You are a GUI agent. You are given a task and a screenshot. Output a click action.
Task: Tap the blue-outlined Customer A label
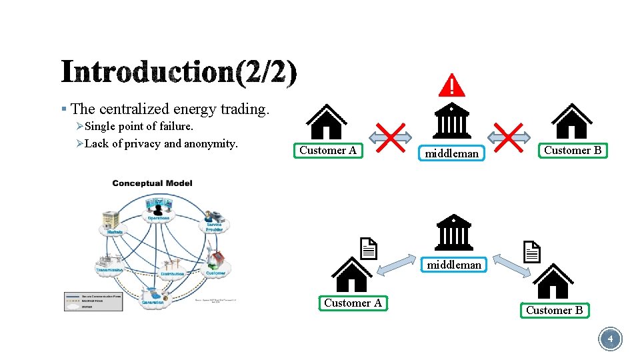pos(328,150)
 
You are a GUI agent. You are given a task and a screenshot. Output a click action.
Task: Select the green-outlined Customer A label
pos(353,303)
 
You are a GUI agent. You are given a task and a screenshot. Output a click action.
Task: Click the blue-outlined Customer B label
pos(573,150)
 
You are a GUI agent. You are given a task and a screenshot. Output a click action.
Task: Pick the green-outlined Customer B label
pos(554,310)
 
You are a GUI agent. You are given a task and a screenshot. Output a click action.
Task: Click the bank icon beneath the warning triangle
pos(452,120)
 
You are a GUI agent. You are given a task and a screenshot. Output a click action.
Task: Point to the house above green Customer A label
pos(351,275)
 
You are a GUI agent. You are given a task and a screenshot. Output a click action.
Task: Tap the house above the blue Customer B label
pos(571,121)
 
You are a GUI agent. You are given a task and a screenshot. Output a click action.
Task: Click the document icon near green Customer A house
pos(369,248)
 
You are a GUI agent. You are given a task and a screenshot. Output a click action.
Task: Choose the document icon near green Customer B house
pos(531,251)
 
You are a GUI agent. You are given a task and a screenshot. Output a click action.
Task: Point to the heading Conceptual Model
pos(152,183)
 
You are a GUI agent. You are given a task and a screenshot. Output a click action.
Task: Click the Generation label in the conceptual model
pos(153,302)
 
